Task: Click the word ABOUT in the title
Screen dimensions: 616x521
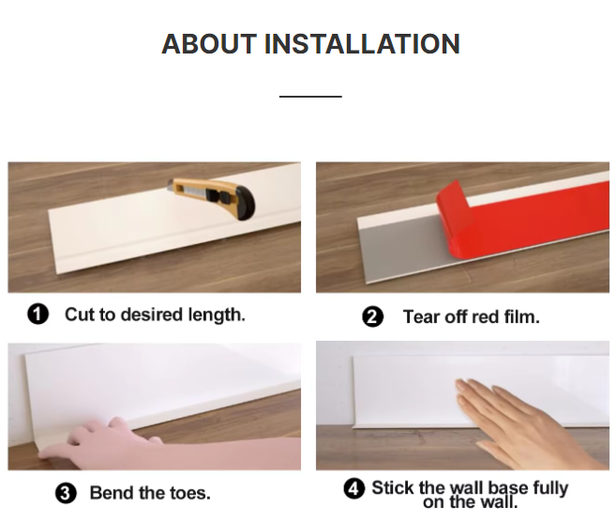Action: pyautogui.click(x=209, y=43)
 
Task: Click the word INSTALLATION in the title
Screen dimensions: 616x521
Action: pyautogui.click(x=362, y=43)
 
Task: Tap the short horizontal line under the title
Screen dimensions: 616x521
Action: pyautogui.click(x=310, y=96)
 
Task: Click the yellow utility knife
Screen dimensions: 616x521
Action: pyautogui.click(x=212, y=198)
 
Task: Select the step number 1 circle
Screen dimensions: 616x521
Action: pyautogui.click(x=38, y=314)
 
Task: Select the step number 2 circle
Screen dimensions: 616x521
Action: pyautogui.click(x=372, y=317)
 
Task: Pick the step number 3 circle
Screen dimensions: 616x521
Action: pyautogui.click(x=66, y=493)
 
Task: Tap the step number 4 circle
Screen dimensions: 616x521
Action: pyautogui.click(x=353, y=489)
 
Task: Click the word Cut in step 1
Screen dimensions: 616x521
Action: pyautogui.click(x=80, y=314)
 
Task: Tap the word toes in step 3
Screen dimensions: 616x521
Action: pyautogui.click(x=190, y=493)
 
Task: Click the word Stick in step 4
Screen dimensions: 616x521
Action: pyautogui.click(x=393, y=487)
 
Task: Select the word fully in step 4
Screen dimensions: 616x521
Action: pyautogui.click(x=550, y=489)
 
